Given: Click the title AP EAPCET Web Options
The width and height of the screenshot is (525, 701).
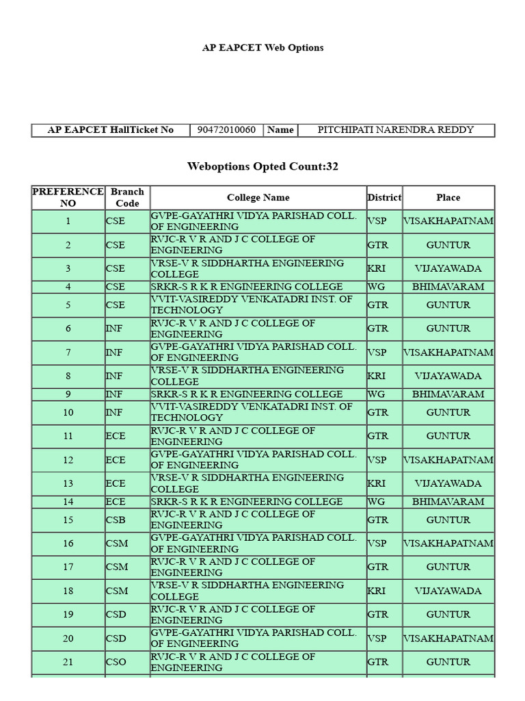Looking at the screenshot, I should click(x=262, y=48).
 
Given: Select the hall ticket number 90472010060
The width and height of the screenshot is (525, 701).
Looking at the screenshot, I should click(x=226, y=130).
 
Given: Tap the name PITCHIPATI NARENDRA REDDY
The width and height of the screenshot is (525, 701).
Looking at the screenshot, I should click(x=396, y=130).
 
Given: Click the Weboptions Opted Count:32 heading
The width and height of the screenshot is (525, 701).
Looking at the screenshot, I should click(x=262, y=166).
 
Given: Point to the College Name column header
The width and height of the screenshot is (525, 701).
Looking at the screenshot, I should click(x=258, y=197).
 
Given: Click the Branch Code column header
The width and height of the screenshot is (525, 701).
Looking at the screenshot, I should click(x=127, y=197).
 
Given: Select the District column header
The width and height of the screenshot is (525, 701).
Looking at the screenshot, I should click(x=384, y=197).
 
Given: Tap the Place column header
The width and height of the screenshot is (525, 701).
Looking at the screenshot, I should click(x=448, y=197).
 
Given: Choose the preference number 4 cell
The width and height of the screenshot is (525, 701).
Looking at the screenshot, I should click(x=68, y=287).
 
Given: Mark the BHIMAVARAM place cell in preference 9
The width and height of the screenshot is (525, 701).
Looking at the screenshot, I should click(x=448, y=394).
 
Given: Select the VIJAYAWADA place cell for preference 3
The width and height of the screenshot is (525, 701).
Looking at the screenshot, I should click(x=448, y=268).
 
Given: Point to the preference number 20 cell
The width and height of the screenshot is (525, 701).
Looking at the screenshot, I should click(x=68, y=639).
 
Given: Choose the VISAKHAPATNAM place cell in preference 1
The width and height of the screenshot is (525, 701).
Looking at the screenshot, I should click(x=448, y=221).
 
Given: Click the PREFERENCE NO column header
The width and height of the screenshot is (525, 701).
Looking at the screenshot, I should click(x=68, y=197).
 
